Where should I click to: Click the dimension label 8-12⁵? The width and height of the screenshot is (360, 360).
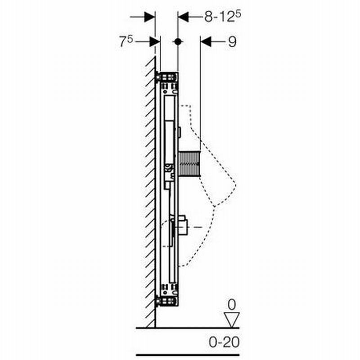click(222, 17)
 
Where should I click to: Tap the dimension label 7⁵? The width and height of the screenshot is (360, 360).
click(126, 41)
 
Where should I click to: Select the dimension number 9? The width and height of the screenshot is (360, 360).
click(232, 42)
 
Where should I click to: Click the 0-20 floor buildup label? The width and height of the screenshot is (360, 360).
click(224, 342)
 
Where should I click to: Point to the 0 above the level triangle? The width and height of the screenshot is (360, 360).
click(232, 305)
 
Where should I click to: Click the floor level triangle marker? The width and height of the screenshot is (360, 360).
click(232, 319)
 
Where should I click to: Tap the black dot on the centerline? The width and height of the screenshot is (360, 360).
click(177, 41)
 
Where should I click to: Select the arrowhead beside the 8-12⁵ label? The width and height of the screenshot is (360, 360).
click(183, 17)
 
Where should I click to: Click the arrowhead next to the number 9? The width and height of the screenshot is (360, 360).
click(206, 41)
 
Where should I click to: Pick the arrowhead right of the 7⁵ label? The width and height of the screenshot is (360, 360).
click(155, 42)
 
